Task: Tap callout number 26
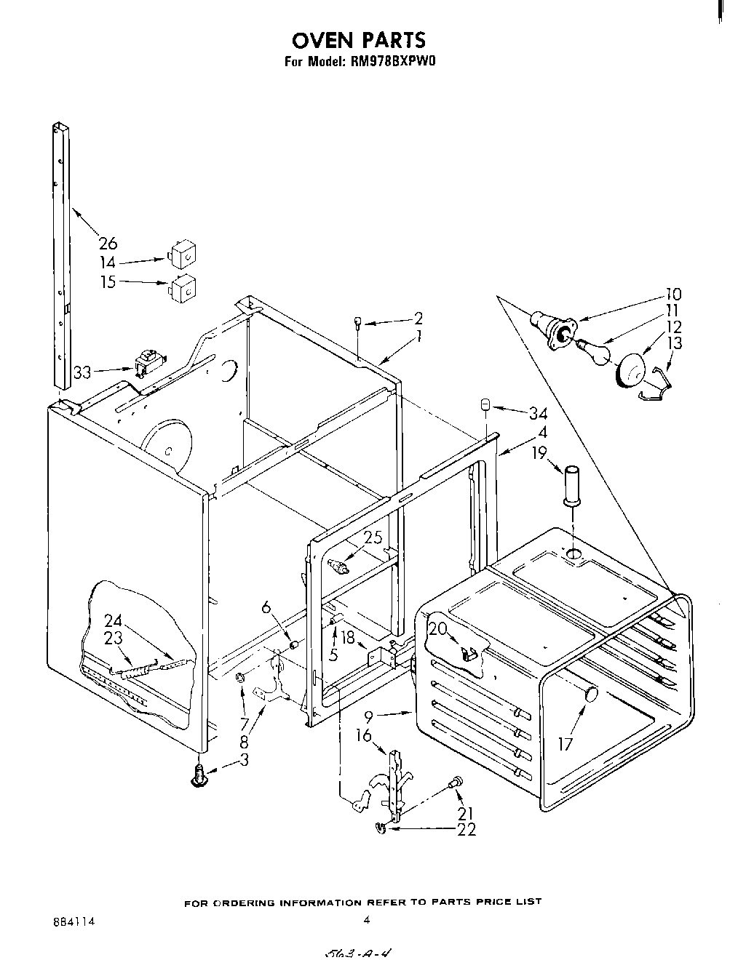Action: [108, 243]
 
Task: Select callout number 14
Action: [108, 263]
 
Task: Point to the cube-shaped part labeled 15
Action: [183, 288]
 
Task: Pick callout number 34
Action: [538, 414]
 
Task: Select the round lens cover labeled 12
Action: [631, 370]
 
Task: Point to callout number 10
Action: [672, 295]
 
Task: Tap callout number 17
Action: [565, 743]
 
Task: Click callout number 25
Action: [373, 537]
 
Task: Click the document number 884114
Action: [74, 921]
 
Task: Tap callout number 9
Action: [369, 716]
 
